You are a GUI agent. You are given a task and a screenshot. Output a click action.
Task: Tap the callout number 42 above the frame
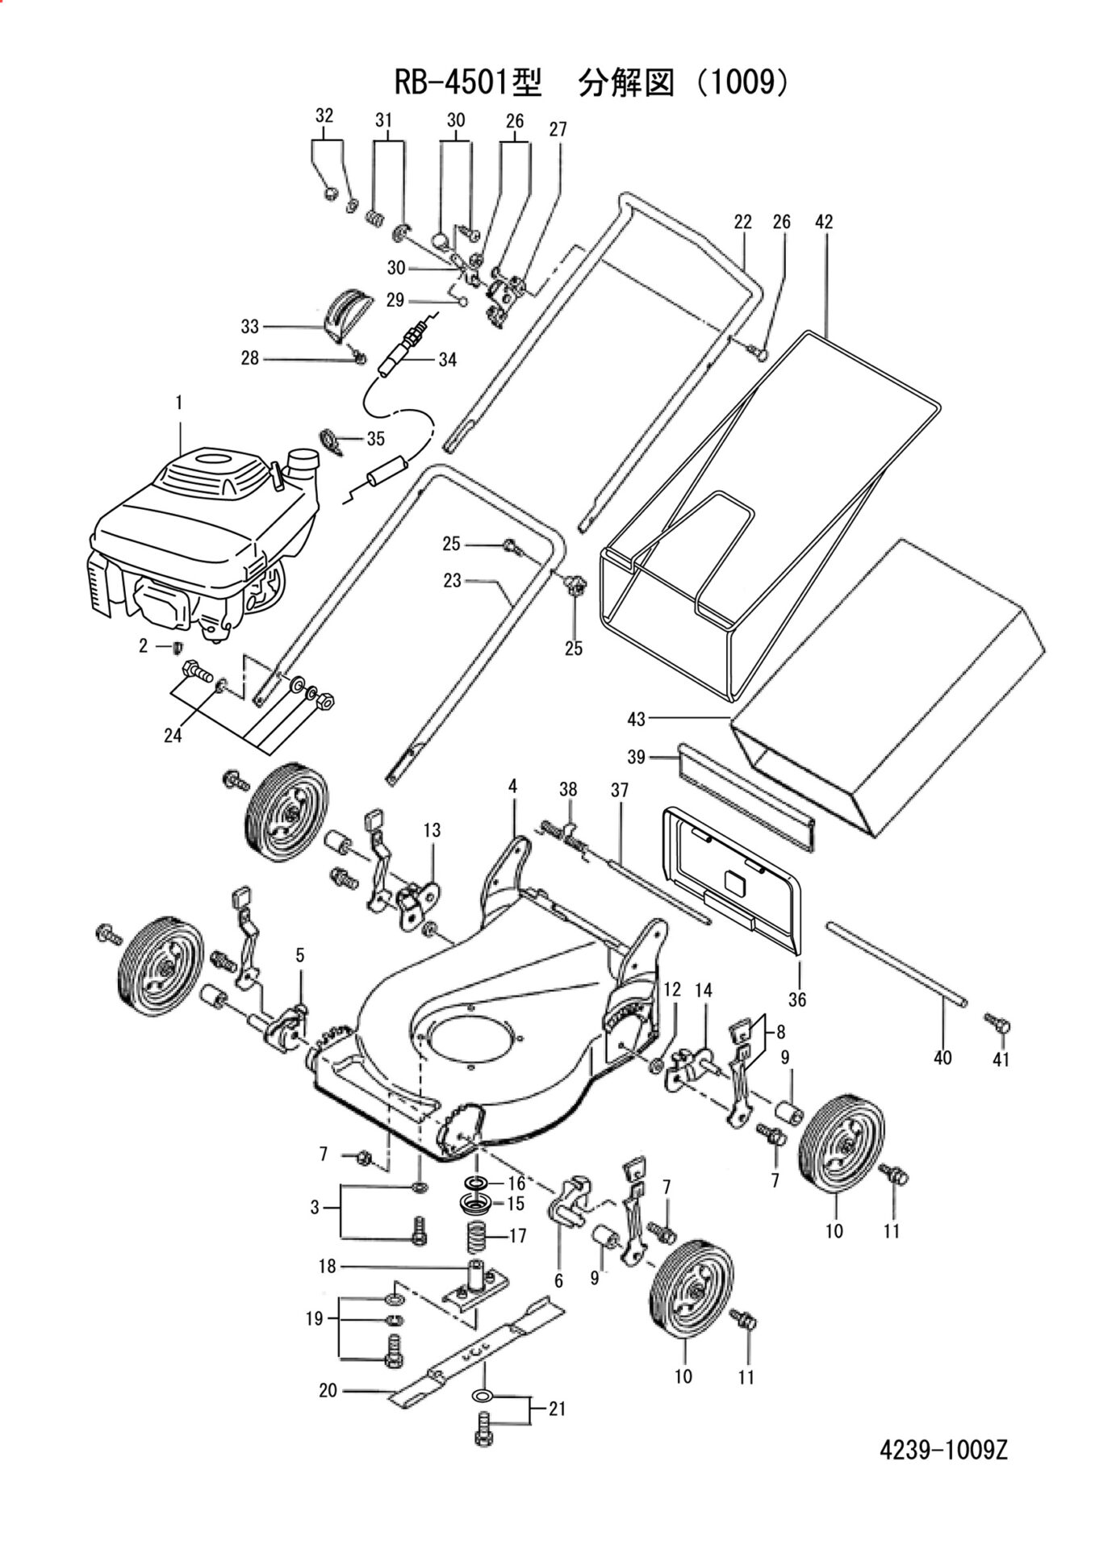tap(823, 221)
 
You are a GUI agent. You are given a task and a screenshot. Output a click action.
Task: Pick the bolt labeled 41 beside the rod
tap(999, 1024)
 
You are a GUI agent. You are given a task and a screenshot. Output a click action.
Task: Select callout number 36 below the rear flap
tap(797, 1000)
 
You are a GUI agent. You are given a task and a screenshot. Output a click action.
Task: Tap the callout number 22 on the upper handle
tap(742, 221)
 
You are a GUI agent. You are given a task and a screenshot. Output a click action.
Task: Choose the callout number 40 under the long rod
tap(942, 1057)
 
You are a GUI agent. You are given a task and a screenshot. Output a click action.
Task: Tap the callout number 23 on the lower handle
tap(452, 580)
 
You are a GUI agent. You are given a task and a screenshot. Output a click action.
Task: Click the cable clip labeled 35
tap(332, 438)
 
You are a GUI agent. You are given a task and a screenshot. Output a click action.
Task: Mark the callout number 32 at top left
tap(324, 115)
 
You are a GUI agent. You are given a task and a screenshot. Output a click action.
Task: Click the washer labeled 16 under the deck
tap(476, 1184)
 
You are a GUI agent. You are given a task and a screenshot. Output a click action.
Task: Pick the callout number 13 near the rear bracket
tap(432, 829)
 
